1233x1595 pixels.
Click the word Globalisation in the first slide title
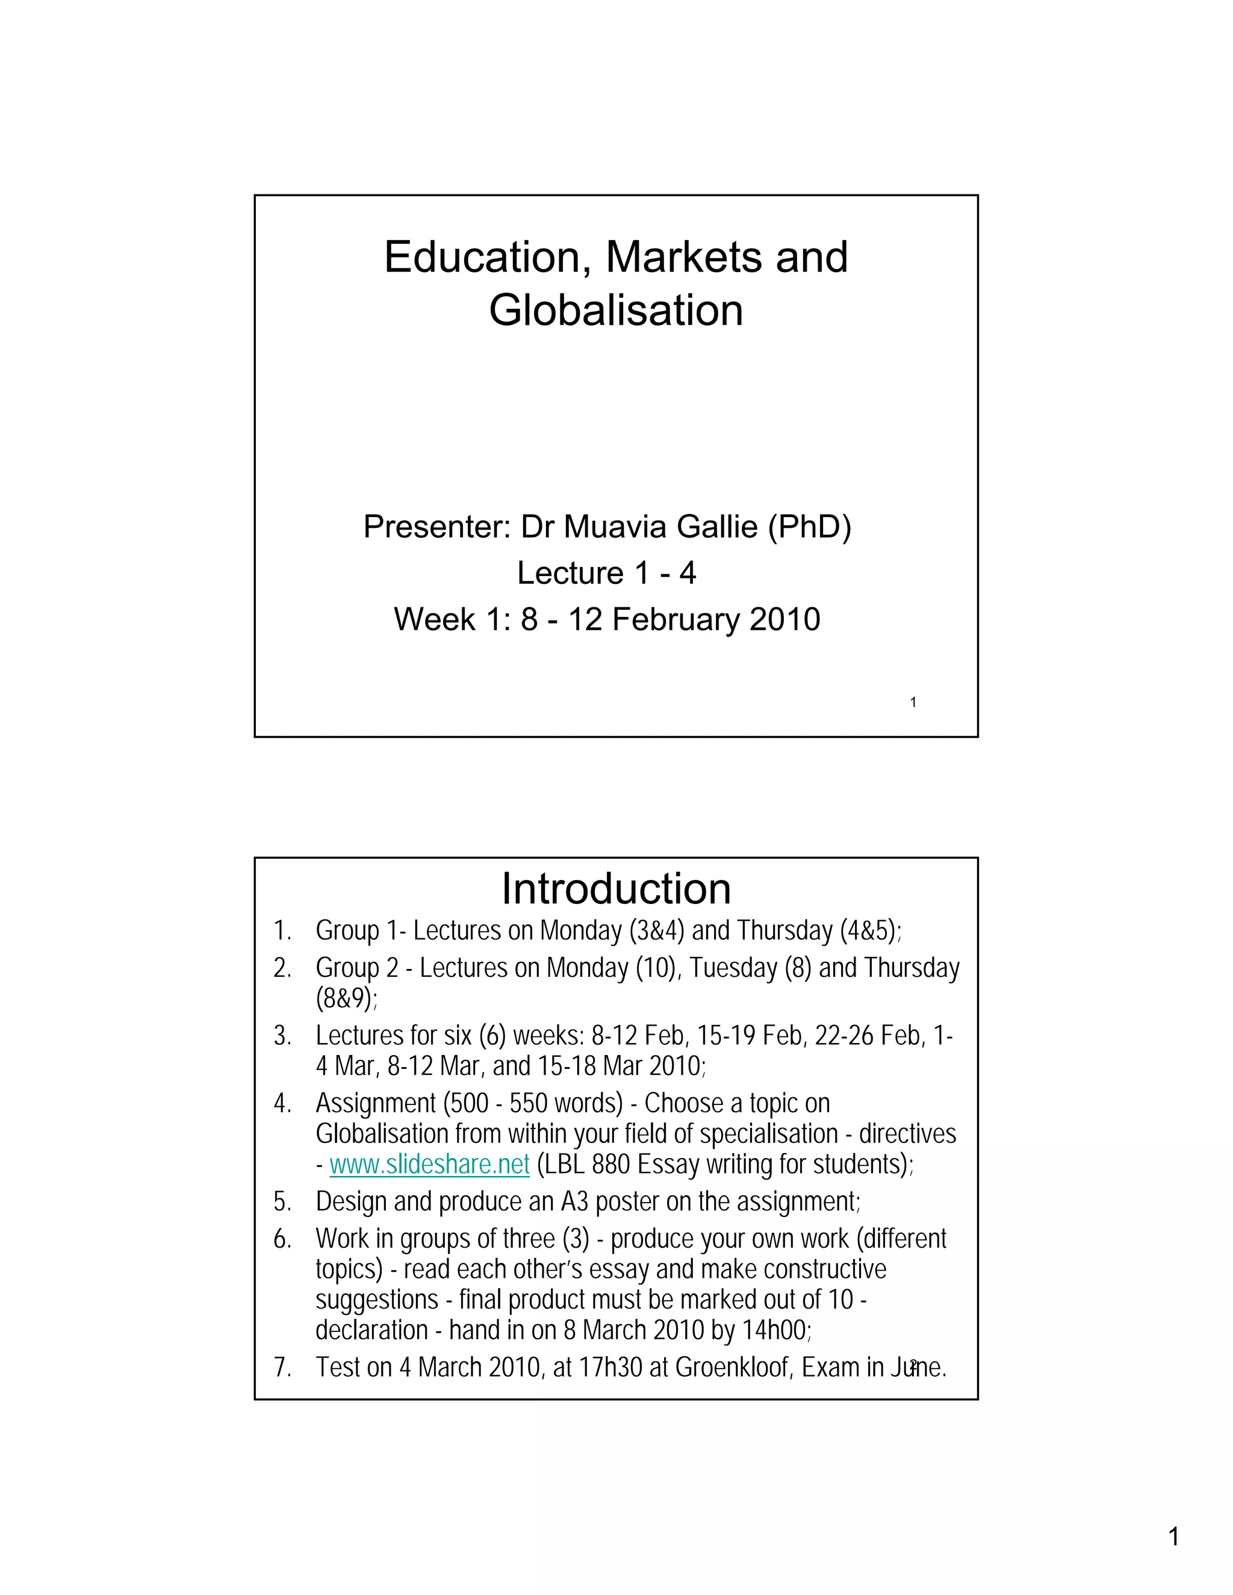click(616, 311)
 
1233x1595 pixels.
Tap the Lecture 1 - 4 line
click(606, 573)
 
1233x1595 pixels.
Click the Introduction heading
click(616, 889)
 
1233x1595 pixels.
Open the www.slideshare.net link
click(429, 1164)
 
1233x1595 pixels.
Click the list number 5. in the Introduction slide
click(283, 1201)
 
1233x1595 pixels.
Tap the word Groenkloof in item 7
click(733, 1367)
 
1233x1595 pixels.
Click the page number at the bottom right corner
click(1174, 1537)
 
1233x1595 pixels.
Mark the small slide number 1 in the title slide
click(913, 702)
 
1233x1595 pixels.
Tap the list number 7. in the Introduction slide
click(283, 1367)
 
